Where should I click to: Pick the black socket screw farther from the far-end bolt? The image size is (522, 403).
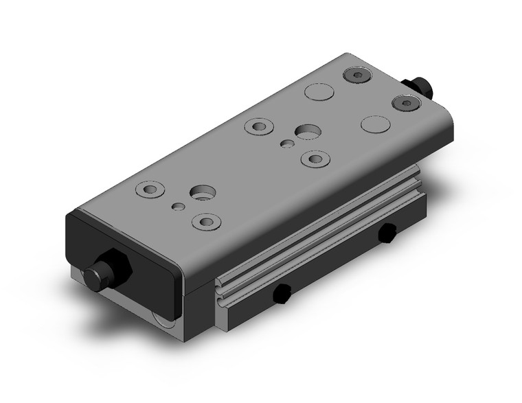pyautogui.click(x=356, y=75)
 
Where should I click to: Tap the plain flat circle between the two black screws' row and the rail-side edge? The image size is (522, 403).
pyautogui.click(x=375, y=124)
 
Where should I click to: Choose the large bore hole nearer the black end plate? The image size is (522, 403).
pyautogui.click(x=202, y=193)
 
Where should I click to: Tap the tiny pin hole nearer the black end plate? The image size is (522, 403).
pyautogui.click(x=179, y=206)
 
